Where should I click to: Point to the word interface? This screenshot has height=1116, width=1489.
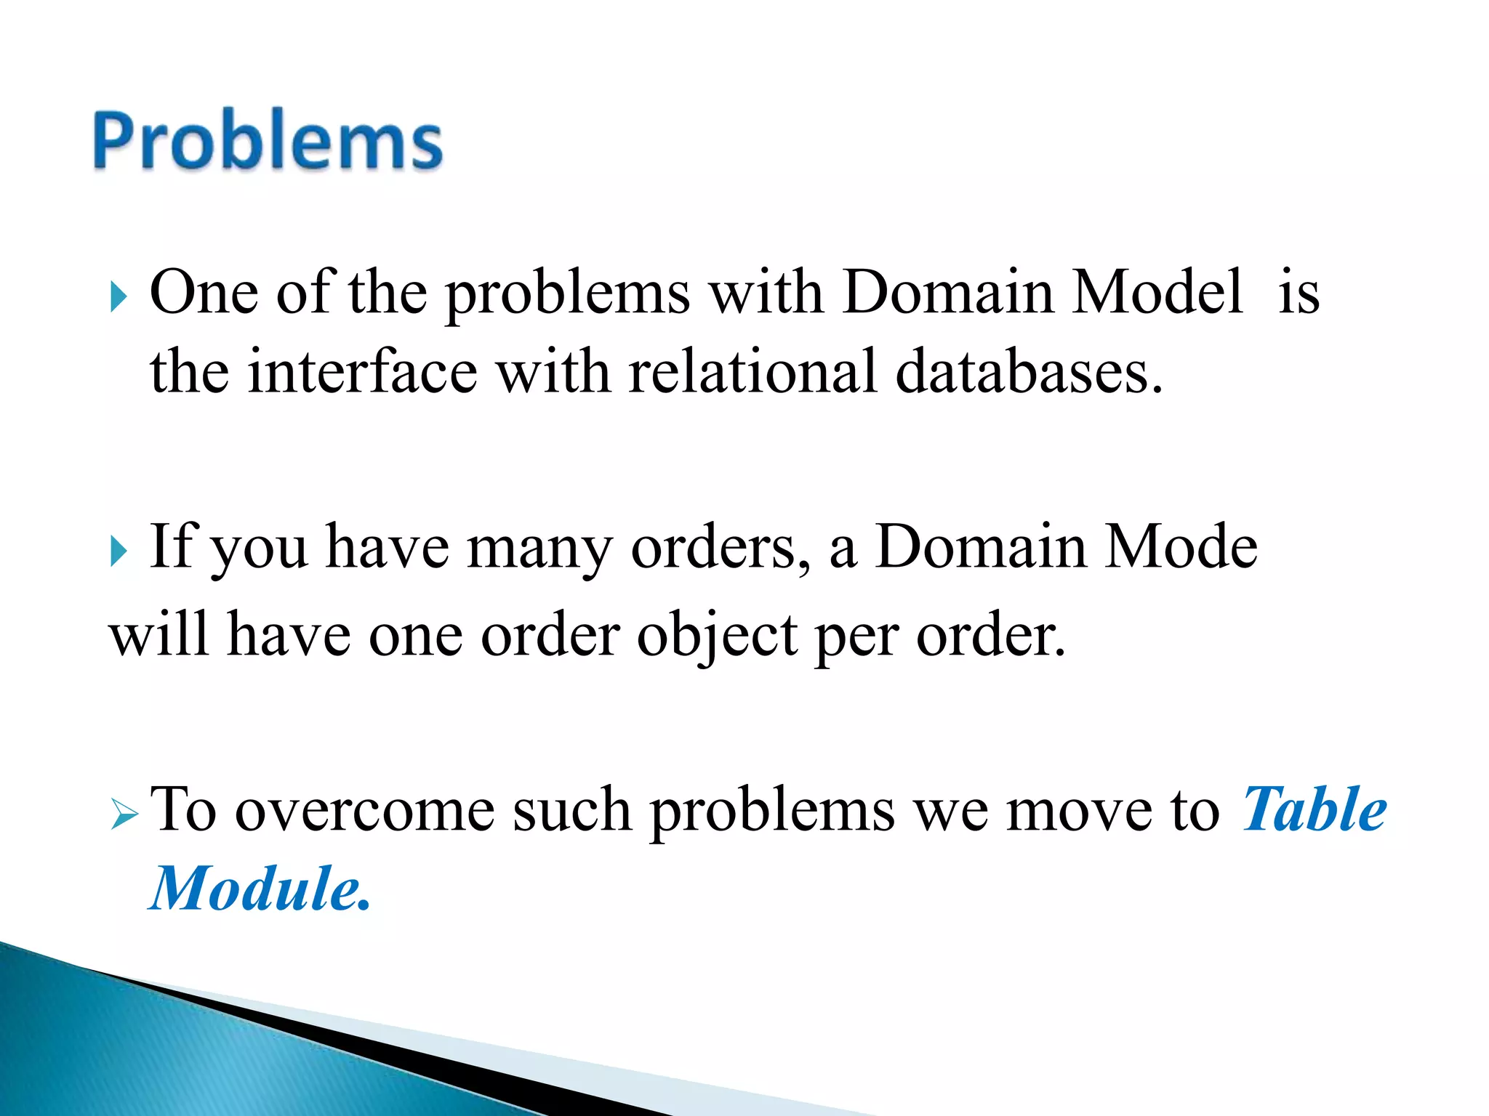coord(362,371)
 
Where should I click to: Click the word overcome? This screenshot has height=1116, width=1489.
coord(364,811)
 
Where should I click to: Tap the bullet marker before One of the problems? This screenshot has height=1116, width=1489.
coord(119,297)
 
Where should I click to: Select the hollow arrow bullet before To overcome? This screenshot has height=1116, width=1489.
coord(124,815)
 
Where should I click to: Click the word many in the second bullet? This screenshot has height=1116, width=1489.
coord(539,549)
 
